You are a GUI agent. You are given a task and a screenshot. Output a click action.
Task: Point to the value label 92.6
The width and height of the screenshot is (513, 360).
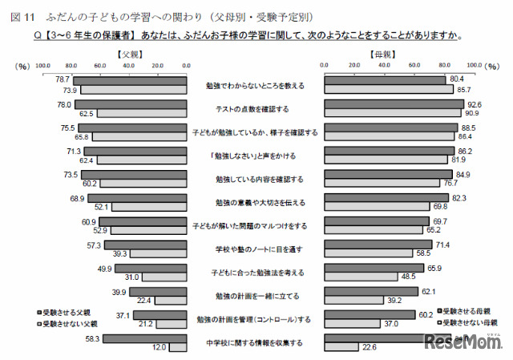tap(473, 103)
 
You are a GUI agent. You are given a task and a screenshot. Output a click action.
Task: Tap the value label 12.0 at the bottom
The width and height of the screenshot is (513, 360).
tap(160, 347)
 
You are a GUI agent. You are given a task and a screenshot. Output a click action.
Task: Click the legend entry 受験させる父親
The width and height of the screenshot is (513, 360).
tap(67, 312)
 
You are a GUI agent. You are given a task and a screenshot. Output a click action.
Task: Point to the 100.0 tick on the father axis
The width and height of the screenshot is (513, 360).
tap(44, 65)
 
